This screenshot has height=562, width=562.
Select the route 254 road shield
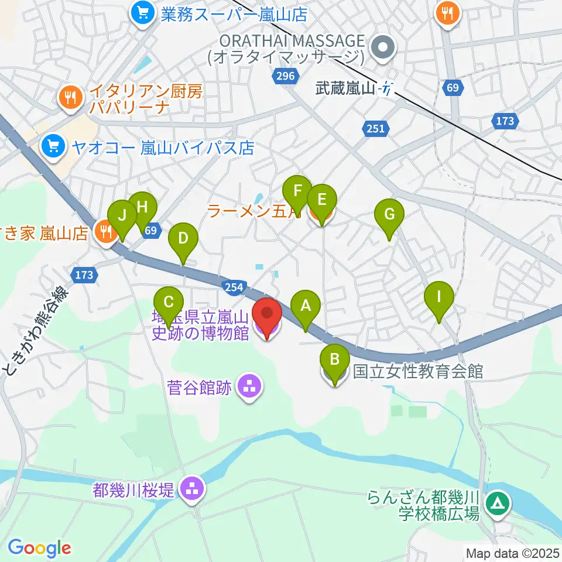[233, 285]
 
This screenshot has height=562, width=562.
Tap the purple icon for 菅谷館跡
[250, 386]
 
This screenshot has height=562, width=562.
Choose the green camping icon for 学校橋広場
[498, 503]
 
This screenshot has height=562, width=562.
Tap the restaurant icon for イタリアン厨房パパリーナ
[71, 98]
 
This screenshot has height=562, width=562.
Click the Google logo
[39, 548]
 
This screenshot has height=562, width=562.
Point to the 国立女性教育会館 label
[418, 371]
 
